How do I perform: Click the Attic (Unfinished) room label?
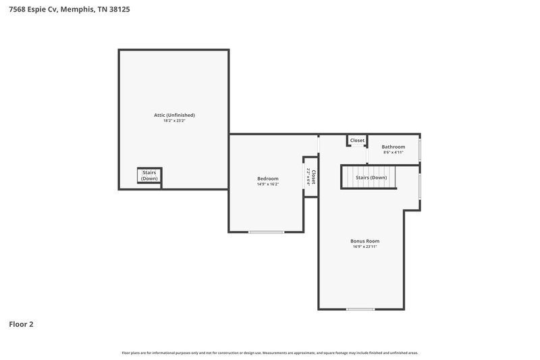174,115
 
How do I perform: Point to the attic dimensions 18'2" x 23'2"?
174,121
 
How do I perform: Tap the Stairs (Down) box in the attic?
149,176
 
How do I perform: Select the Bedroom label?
267,178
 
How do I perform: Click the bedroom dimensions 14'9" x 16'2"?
267,184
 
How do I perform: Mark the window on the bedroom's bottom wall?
267,232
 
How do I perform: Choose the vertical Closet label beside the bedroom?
313,178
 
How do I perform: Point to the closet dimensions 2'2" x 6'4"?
308,178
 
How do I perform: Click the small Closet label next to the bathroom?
357,140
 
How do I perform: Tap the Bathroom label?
394,147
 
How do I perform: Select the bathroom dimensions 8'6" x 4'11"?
394,153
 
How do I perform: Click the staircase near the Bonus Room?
368,178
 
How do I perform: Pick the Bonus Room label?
364,241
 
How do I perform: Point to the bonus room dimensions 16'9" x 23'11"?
364,247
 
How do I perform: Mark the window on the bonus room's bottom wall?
360,309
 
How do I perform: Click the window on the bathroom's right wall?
420,149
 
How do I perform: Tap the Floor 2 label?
21,324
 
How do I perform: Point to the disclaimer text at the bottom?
270,353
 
